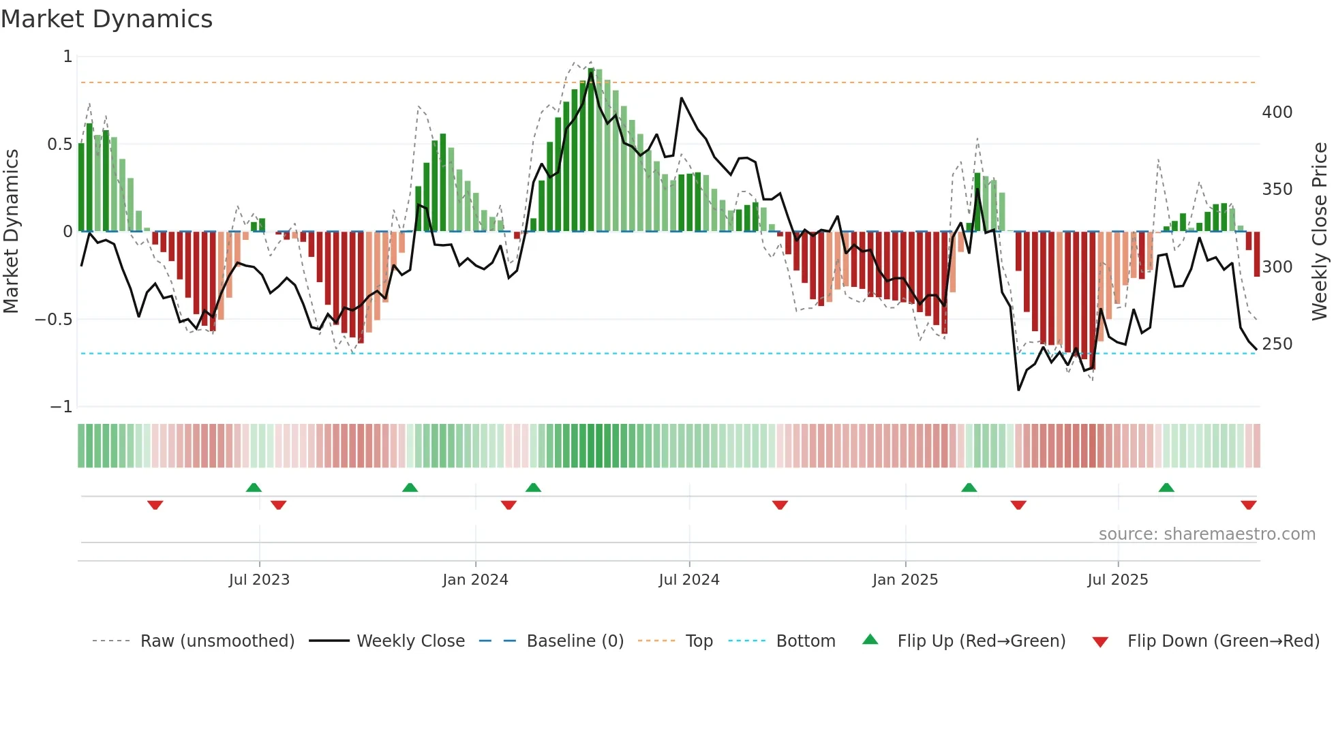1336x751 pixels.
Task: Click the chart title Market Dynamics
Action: click(x=106, y=19)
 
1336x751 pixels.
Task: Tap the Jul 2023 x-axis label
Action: click(x=259, y=580)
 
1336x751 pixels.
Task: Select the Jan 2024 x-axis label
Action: click(x=475, y=580)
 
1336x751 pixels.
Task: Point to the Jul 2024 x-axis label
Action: click(x=689, y=580)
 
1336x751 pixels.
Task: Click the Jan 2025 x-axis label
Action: click(x=905, y=580)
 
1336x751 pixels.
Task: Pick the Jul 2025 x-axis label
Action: click(x=1118, y=580)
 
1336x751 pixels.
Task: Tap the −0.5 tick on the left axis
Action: click(x=54, y=320)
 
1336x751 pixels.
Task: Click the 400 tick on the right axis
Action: click(x=1277, y=112)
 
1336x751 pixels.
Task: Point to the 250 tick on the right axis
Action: click(x=1277, y=344)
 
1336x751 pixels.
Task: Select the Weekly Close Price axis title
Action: click(x=1320, y=232)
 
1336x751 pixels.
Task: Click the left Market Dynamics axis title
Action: click(x=11, y=232)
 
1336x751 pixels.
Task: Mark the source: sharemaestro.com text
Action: click(x=1206, y=534)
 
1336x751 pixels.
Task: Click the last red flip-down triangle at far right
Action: click(x=1249, y=505)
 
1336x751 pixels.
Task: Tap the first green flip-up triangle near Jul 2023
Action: click(x=254, y=488)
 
